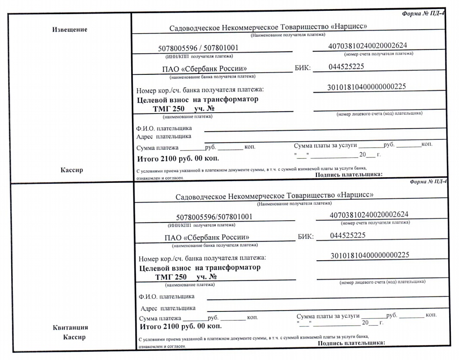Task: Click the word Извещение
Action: pos(70,30)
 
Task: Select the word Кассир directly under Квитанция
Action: pos(73,336)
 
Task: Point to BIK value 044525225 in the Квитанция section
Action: pos(348,235)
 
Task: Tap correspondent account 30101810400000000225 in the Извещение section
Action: pos(367,87)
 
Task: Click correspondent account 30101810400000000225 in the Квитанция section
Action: pos(370,255)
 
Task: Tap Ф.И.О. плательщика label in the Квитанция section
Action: pos(166,296)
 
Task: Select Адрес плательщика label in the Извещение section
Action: pos(164,136)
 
